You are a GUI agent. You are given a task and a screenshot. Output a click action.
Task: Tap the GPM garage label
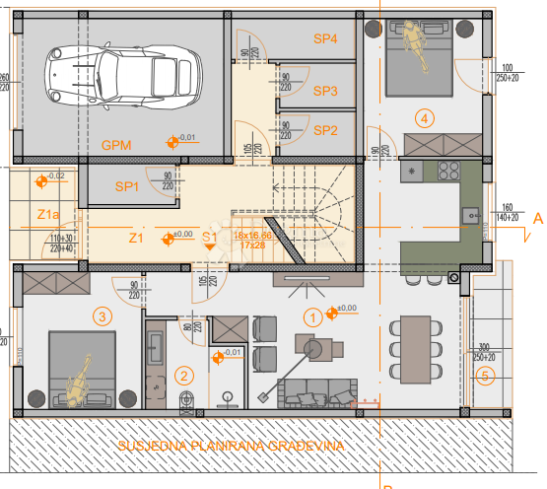118,145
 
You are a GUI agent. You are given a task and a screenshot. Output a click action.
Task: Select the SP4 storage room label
326,38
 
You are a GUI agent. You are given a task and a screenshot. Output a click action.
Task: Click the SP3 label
326,91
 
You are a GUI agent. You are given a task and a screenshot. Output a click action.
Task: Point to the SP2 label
326,130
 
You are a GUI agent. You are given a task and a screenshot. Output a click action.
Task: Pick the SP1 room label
127,186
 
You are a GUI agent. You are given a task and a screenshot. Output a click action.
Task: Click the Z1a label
48,214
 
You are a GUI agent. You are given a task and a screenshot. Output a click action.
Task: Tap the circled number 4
425,118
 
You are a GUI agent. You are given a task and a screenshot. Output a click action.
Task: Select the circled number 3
101,316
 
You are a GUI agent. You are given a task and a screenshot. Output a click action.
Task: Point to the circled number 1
312,316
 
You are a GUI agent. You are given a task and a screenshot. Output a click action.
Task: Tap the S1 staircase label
210,237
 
